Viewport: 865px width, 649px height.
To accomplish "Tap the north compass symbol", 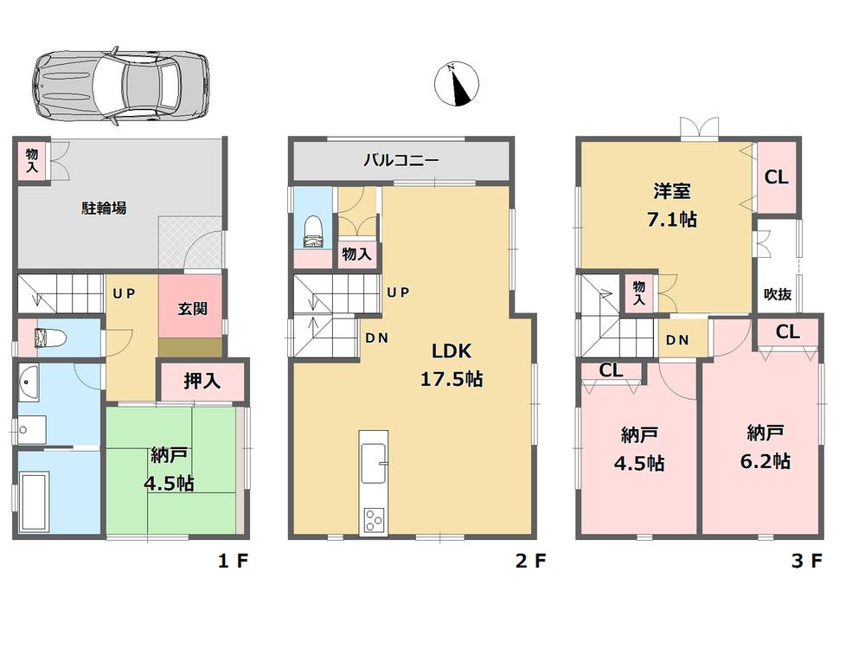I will coord(456,85).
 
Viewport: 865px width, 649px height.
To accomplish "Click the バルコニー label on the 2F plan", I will coord(400,160).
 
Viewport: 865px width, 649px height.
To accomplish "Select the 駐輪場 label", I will coord(106,208).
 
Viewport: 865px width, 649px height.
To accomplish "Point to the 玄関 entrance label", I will coord(191,308).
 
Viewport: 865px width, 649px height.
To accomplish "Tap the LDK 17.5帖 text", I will coord(451,364).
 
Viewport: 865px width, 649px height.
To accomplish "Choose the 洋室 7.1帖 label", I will coord(664,205).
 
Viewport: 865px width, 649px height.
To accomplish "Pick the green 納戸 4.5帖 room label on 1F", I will coord(171,468).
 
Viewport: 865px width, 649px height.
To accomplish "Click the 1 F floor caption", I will coord(232,562).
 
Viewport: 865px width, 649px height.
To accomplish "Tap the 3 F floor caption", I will coord(805,562).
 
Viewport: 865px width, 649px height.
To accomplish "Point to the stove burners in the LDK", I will coord(375,520).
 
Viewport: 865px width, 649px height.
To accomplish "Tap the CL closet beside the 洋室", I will coord(776,177).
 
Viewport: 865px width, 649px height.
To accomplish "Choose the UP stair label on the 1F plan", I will coord(125,293).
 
